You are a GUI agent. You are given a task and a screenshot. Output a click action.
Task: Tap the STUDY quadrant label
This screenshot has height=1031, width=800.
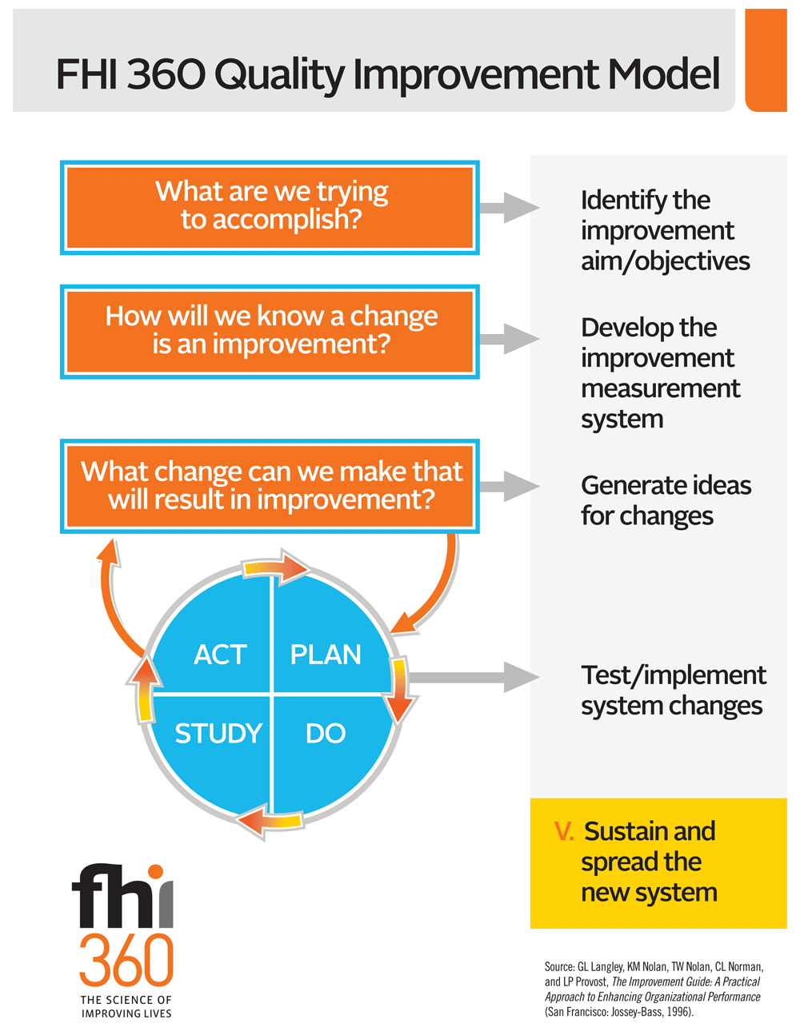tap(218, 733)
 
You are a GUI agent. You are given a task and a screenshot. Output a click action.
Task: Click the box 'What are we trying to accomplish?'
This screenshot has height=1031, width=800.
tap(270, 207)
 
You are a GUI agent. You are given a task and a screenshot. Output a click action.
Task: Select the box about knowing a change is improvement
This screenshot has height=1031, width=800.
tap(270, 331)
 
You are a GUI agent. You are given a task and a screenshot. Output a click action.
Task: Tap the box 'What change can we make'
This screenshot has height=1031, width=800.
tap(270, 485)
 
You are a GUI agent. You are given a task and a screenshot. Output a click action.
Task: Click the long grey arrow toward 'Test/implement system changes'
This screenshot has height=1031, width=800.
tap(472, 677)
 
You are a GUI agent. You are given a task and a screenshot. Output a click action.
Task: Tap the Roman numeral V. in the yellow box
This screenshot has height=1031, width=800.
tap(564, 832)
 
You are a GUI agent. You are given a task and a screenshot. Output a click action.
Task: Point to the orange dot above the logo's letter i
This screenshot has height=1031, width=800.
tap(156, 872)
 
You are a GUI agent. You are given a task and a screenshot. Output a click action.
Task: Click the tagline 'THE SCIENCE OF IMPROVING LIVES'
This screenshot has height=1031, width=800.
tap(126, 1006)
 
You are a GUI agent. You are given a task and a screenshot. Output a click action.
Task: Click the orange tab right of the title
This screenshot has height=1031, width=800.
tap(766, 61)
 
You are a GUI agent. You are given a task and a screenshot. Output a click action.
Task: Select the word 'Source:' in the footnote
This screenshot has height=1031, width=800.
tap(559, 966)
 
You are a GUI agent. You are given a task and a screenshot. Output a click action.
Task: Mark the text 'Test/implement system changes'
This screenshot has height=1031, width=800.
tap(673, 691)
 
